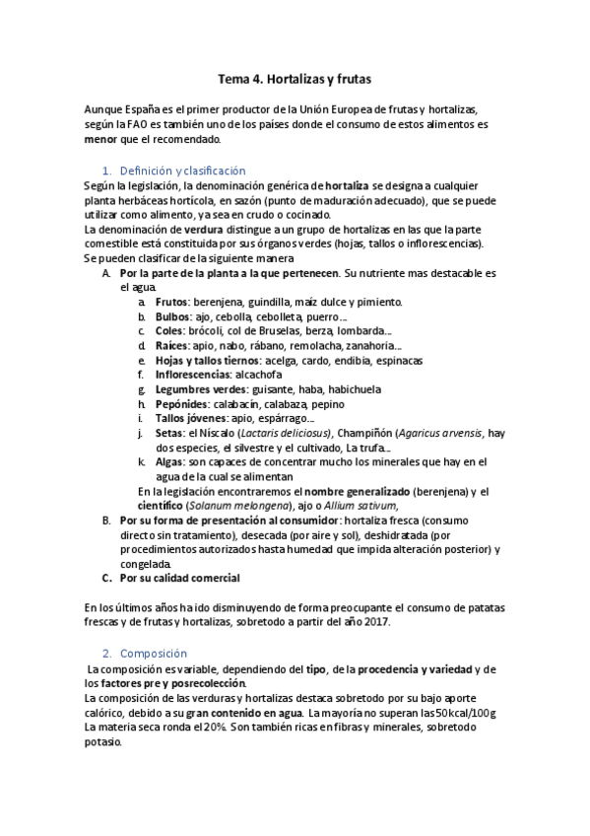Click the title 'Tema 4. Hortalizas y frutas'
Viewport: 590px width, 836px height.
click(x=295, y=76)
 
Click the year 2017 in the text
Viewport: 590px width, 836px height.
click(x=377, y=621)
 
